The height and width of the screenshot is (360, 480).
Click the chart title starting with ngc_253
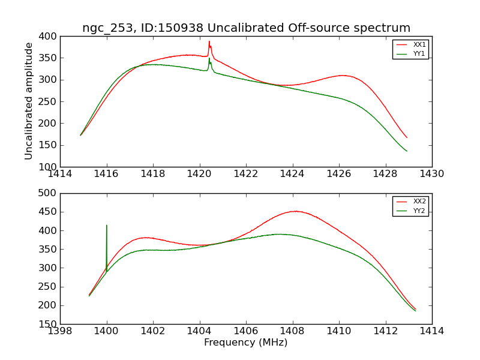(x=246, y=28)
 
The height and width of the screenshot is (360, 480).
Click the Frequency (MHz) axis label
(x=246, y=343)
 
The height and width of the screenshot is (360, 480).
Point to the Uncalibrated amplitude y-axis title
(x=29, y=101)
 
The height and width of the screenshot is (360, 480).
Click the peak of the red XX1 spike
(x=209, y=41)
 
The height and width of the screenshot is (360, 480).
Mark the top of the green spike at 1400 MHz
(x=107, y=226)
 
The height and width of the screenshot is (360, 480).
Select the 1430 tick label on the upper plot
(x=431, y=174)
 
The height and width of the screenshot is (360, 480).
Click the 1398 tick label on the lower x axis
(x=61, y=331)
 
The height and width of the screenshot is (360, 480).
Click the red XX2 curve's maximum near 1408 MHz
(x=295, y=211)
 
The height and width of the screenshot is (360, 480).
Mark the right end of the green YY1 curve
(x=406, y=151)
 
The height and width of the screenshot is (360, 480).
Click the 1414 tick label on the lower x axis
(x=431, y=331)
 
